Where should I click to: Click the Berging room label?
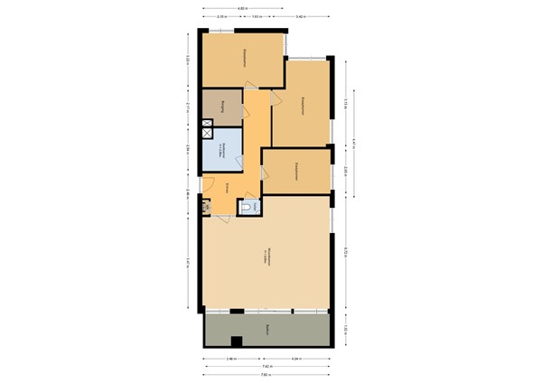click(218, 107)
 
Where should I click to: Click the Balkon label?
click(266, 330)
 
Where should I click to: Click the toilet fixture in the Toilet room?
click(250, 208)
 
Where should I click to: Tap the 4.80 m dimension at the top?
click(241, 8)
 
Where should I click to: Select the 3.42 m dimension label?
click(299, 17)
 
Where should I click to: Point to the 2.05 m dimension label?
click(346, 170)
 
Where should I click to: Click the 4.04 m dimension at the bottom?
click(295, 359)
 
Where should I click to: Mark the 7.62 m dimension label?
click(266, 367)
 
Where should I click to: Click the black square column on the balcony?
click(237, 341)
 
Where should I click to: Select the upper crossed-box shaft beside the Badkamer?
click(207, 124)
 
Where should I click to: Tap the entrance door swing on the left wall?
click(209, 185)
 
